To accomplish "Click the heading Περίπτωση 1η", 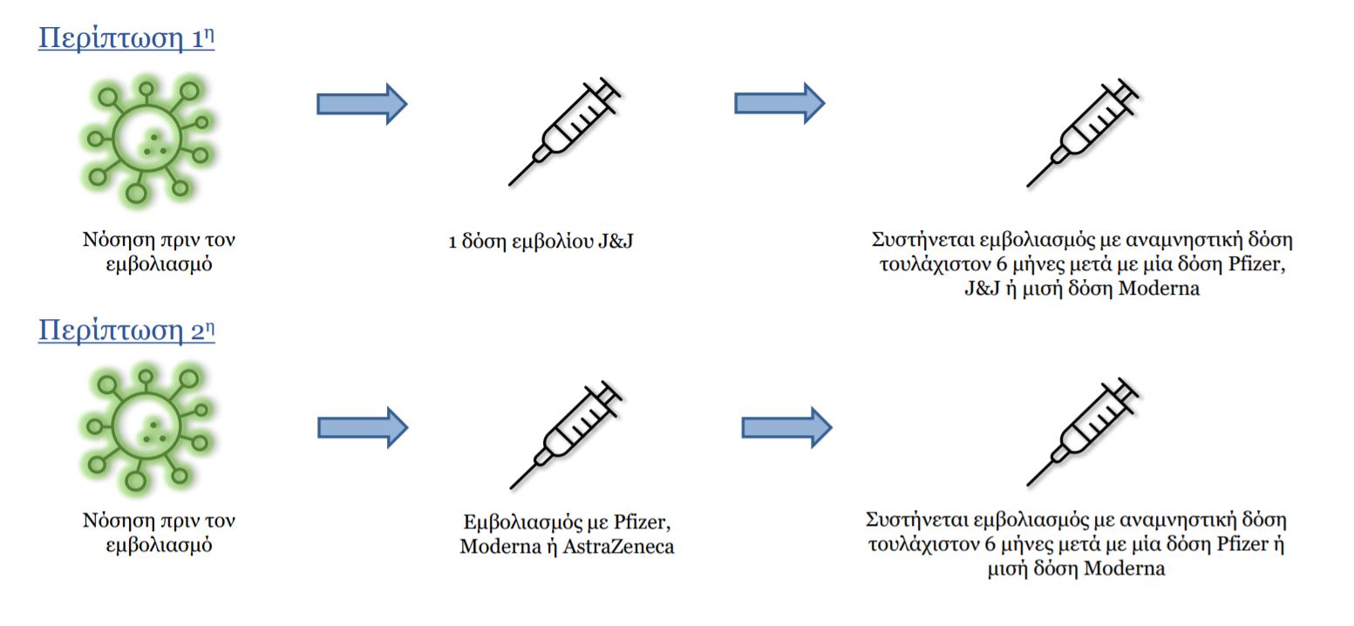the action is coord(126,38).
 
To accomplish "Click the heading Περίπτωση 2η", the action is coord(126,330).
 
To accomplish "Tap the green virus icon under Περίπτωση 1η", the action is coord(147,140).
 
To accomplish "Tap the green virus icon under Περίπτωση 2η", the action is coord(147,428).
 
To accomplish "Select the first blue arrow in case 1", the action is coord(362,104).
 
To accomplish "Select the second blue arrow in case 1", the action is coord(779,104).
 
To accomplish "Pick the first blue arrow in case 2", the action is coord(363,428).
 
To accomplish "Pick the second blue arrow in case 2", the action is coord(787,428).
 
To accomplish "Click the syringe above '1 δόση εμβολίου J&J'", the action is coord(565,131).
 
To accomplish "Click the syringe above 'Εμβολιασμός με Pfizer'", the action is coord(566,434).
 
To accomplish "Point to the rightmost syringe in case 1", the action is coord(1083,133).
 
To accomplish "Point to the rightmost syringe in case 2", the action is coord(1083,432).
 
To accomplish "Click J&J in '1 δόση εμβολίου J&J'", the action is coord(616,242).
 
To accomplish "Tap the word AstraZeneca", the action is coord(618,547).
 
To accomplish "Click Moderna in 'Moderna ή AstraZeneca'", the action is coord(500,547).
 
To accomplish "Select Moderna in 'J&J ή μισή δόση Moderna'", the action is coord(1159,289).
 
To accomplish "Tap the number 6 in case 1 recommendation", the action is coord(1002,265).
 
